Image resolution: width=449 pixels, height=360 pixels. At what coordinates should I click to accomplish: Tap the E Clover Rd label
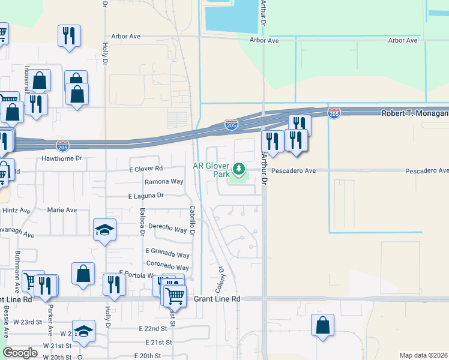[145, 169]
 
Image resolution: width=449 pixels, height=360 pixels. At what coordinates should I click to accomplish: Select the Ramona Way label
[164, 181]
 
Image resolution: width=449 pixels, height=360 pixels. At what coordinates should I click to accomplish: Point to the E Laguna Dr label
[146, 196]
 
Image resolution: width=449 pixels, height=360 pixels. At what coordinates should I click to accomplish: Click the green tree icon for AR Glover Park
[240, 169]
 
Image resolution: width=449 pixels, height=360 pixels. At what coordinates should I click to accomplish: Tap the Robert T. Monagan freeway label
[415, 113]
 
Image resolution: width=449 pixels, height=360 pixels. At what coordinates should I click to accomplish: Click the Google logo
[20, 353]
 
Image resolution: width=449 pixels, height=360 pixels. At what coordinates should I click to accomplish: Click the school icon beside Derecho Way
[104, 230]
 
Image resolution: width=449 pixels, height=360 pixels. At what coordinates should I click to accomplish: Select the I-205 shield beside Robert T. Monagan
[334, 113]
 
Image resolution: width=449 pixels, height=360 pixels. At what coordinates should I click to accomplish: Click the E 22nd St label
[152, 329]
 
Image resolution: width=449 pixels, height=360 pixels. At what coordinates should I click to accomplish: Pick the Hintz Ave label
[16, 211]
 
